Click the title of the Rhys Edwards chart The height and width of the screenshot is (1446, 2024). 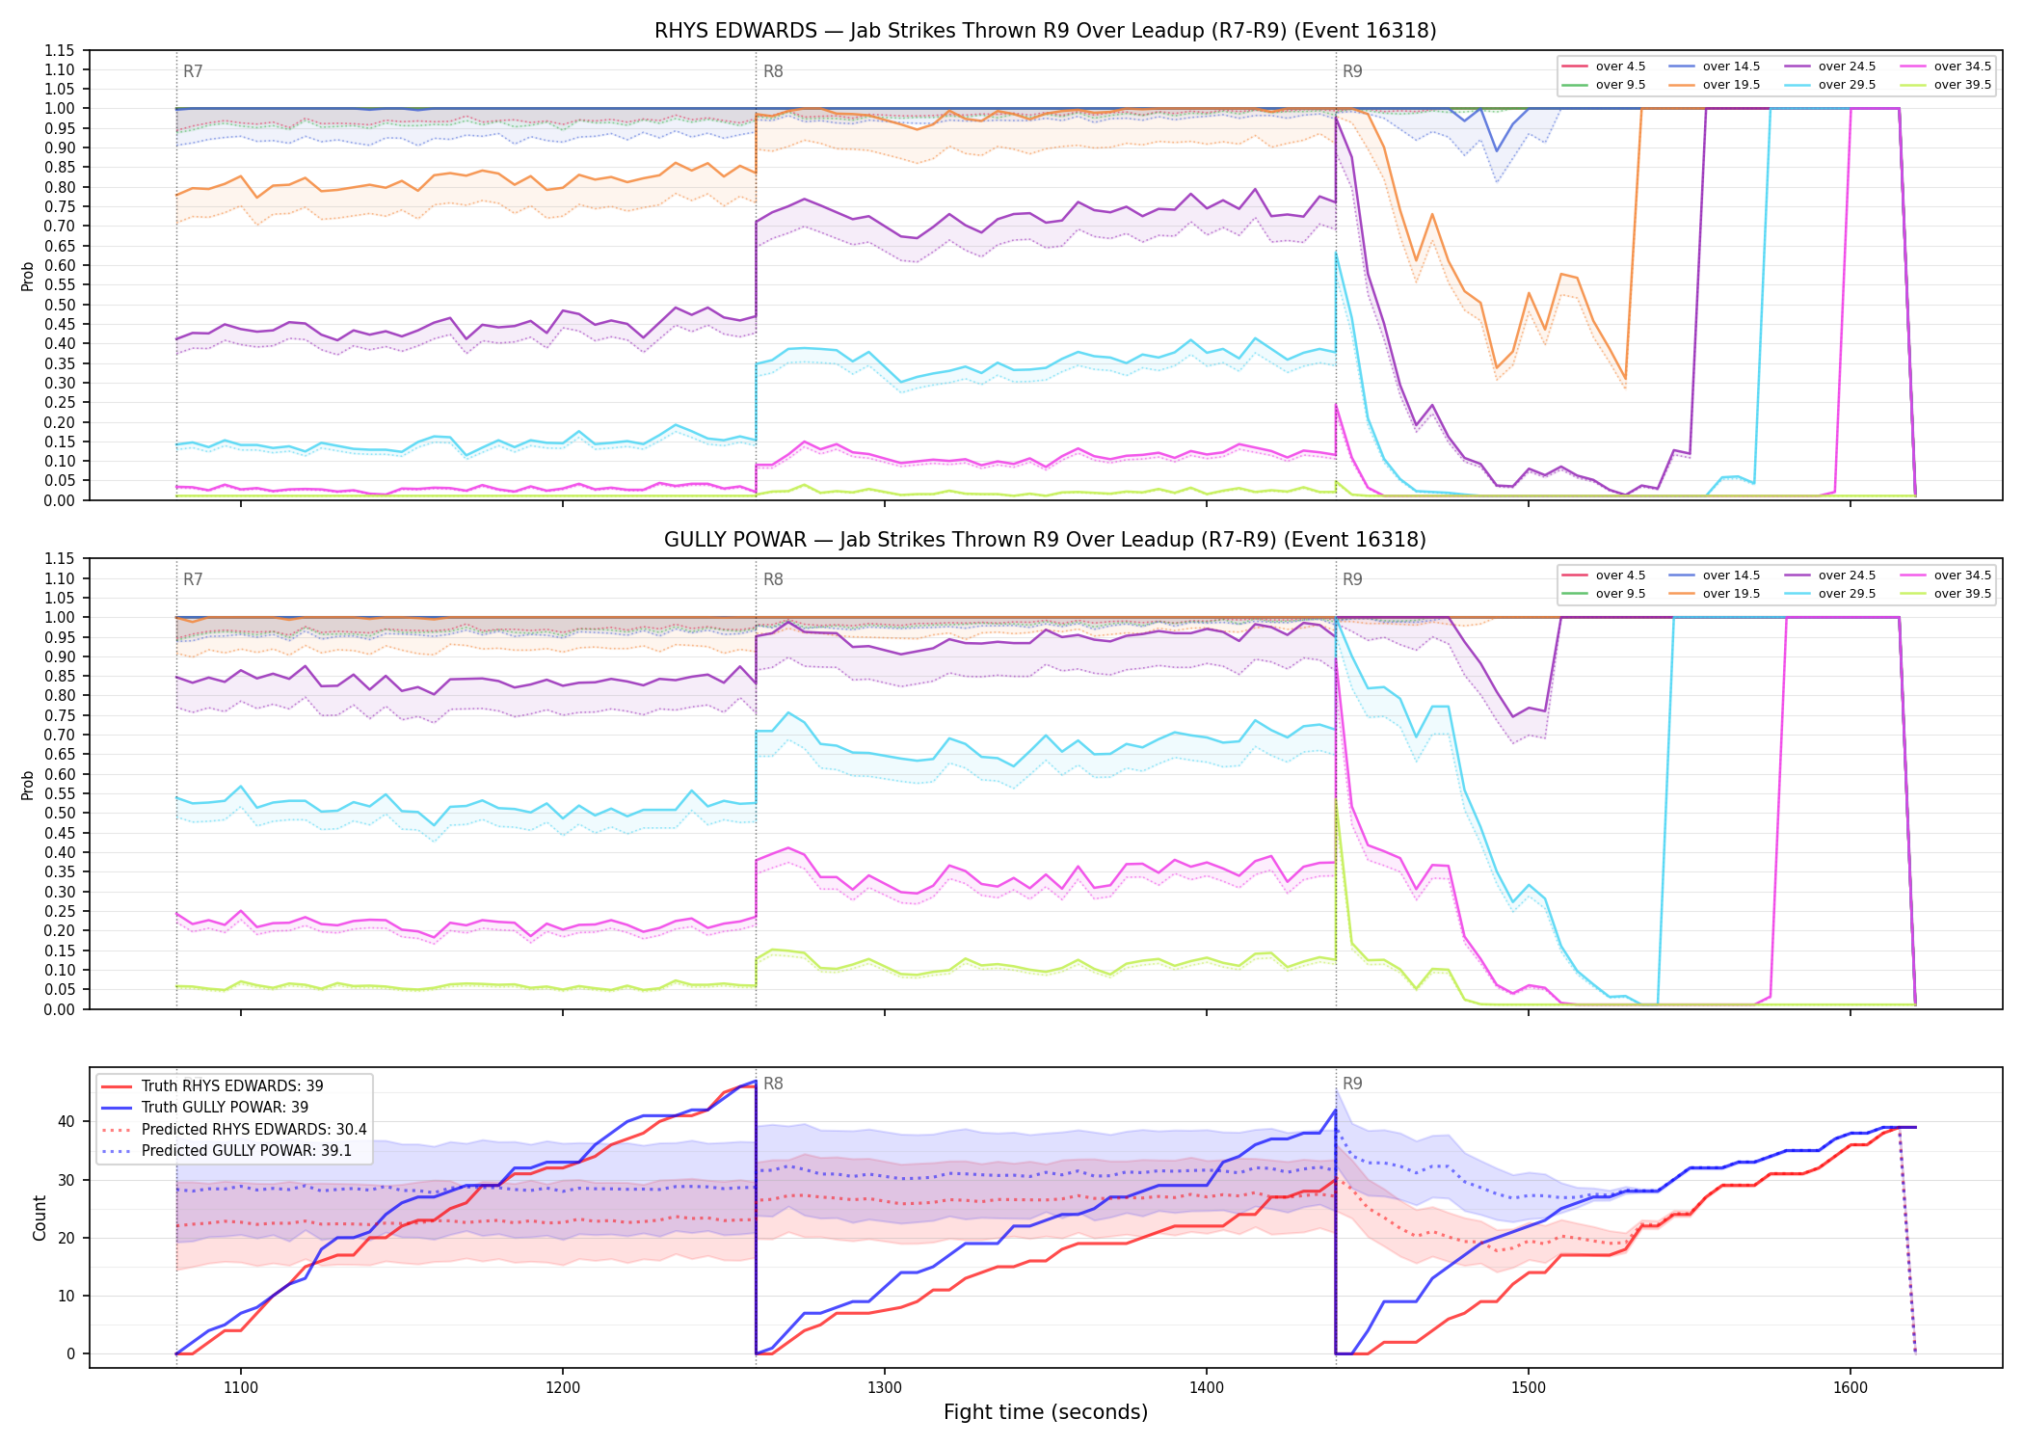tap(1045, 31)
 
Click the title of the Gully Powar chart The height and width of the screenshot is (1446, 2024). tap(1045, 540)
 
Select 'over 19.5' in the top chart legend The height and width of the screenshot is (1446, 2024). tap(1731, 85)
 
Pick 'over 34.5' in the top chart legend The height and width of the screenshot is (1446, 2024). tap(1962, 67)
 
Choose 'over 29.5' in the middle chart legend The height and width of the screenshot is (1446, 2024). tap(1847, 594)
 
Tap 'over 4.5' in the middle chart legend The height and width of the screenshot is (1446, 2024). tap(1620, 576)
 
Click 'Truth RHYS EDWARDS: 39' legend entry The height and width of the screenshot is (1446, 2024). tap(232, 1085)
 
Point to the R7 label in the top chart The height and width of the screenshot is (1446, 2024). tap(193, 71)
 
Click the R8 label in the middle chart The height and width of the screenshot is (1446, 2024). tap(773, 579)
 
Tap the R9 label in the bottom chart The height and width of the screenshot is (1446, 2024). tap(1352, 1084)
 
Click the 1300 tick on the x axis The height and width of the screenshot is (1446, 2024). tap(884, 1387)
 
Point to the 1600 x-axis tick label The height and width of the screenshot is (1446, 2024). tap(1850, 1387)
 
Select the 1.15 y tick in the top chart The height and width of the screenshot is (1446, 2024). tap(59, 50)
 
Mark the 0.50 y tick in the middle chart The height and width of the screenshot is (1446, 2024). tap(59, 813)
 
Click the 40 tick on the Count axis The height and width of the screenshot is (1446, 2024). tap(66, 1121)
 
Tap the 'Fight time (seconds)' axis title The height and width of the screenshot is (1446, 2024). tap(1046, 1412)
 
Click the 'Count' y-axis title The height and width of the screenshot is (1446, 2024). tap(40, 1218)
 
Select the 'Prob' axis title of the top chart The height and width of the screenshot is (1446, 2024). tap(28, 276)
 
